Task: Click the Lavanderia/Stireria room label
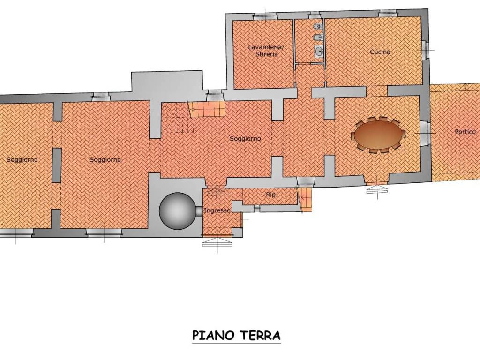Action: pos(266,51)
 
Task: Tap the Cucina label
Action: pos(380,52)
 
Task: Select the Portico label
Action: pos(465,132)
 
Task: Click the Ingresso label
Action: pos(217,211)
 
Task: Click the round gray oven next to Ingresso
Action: pos(176,211)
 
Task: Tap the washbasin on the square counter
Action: pos(318,51)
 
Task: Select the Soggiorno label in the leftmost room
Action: pos(22,159)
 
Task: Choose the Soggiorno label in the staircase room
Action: pos(245,139)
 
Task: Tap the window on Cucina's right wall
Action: pos(425,49)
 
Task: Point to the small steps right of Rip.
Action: pos(305,199)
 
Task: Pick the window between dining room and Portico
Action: pos(425,133)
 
